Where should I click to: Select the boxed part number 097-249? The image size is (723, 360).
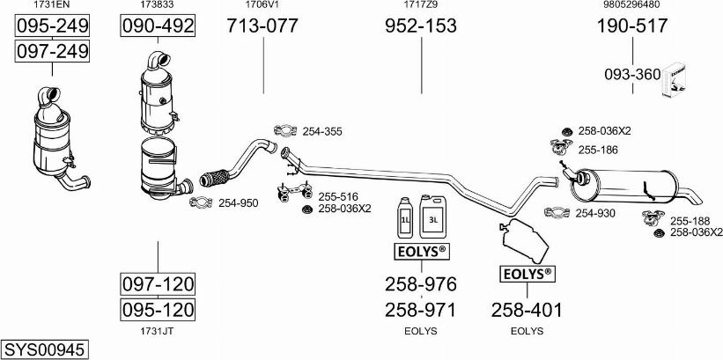pyautogui.click(x=53, y=52)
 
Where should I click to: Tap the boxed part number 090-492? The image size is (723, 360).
pyautogui.click(x=157, y=26)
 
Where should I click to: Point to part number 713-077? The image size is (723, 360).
pyautogui.click(x=262, y=26)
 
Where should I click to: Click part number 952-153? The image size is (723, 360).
pyautogui.click(x=421, y=26)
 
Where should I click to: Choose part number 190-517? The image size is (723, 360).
pyautogui.click(x=632, y=26)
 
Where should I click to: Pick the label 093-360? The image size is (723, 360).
pyautogui.click(x=631, y=75)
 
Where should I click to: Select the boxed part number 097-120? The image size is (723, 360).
pyautogui.click(x=158, y=284)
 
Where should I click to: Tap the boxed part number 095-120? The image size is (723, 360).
pyautogui.click(x=158, y=310)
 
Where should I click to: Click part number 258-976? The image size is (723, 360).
pyautogui.click(x=421, y=284)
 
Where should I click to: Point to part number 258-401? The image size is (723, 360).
pyautogui.click(x=527, y=310)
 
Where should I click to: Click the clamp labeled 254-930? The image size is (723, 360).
pyautogui.click(x=557, y=212)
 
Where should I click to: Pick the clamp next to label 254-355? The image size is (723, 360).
pyautogui.click(x=285, y=131)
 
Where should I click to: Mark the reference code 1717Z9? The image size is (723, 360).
pyautogui.click(x=420, y=4)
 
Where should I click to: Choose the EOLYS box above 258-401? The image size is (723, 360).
pyautogui.click(x=527, y=274)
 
